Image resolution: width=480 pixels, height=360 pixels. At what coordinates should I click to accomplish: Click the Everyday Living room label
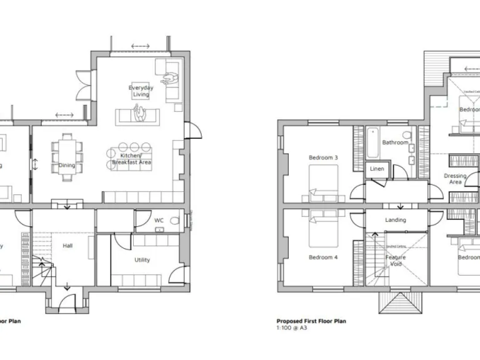(141, 91)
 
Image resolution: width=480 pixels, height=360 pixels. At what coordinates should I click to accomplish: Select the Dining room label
(67, 166)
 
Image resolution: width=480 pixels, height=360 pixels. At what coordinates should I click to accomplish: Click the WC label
(159, 221)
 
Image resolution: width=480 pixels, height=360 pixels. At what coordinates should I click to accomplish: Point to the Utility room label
(142, 260)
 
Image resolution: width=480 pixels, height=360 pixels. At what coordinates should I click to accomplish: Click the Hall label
(67, 246)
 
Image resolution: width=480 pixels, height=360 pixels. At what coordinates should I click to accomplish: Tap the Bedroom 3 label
(323, 158)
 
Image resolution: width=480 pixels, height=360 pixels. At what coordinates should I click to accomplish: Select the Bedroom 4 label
(323, 257)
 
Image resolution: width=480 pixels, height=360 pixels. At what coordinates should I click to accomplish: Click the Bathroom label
(395, 142)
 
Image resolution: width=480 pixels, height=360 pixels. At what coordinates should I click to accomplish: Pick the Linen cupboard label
(377, 169)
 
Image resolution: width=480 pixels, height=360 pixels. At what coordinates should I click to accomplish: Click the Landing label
(395, 220)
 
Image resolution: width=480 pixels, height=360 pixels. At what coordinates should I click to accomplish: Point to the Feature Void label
(395, 261)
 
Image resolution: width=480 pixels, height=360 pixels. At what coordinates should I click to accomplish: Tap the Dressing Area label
(455, 179)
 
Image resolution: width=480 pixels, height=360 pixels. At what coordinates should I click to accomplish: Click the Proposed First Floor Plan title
(311, 321)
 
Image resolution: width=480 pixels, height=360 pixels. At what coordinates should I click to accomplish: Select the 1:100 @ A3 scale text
(293, 327)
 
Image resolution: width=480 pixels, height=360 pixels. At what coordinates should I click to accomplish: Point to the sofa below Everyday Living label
(137, 116)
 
